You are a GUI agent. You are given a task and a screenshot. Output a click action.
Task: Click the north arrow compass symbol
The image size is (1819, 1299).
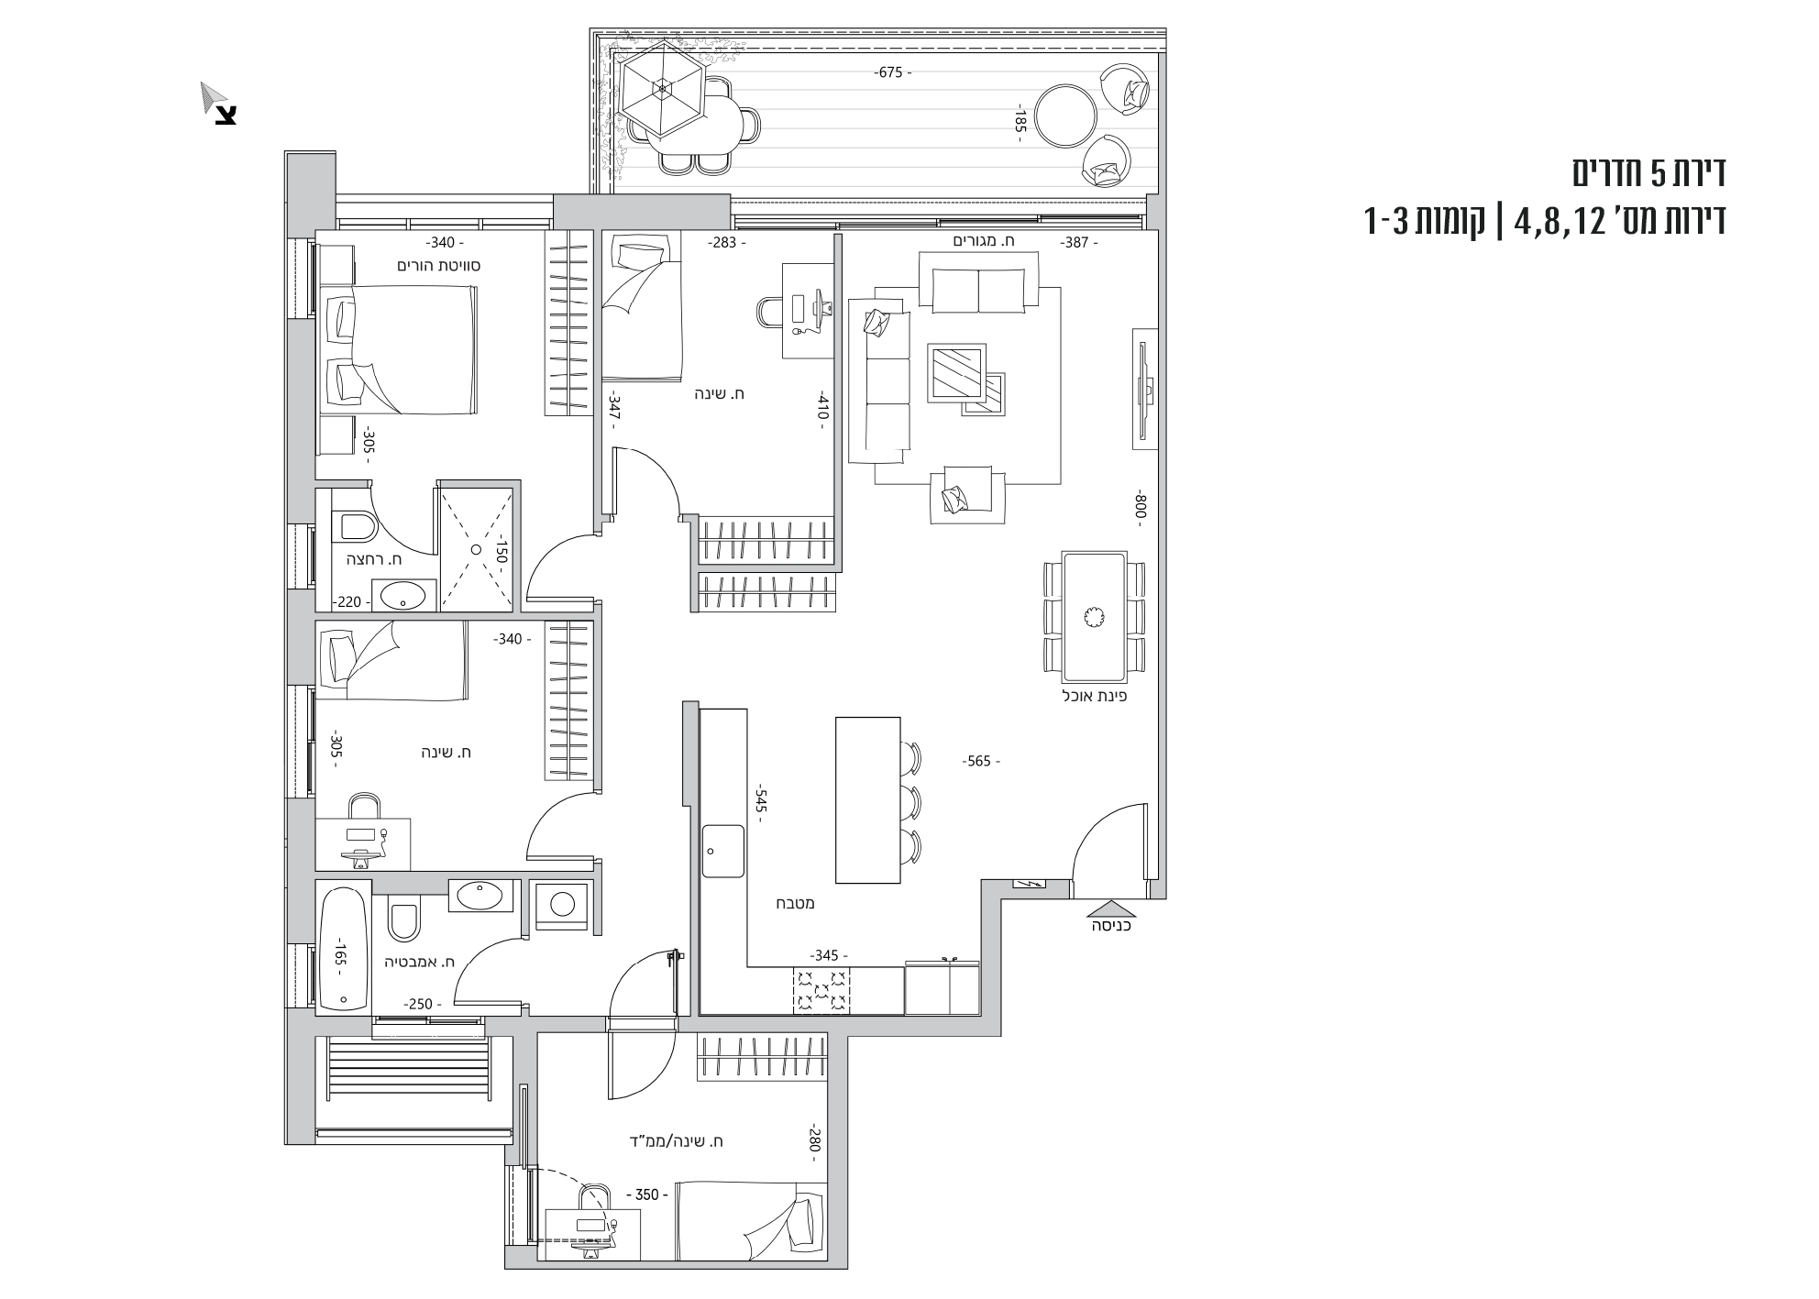click(x=219, y=103)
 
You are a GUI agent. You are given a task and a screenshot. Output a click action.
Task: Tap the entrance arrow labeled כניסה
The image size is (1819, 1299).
click(x=1110, y=910)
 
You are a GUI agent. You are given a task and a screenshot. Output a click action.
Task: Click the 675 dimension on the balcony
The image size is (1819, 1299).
click(x=890, y=72)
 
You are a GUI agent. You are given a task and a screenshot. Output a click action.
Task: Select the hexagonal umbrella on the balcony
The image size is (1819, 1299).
click(x=661, y=89)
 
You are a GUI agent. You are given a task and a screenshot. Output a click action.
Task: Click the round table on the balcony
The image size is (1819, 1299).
click(x=1065, y=116)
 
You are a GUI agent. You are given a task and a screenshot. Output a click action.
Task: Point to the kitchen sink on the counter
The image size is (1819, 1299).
click(x=723, y=851)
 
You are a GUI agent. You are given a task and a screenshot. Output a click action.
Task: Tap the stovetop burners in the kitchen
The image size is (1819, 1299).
click(x=821, y=991)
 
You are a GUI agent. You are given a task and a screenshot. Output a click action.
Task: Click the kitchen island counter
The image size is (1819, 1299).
click(x=868, y=799)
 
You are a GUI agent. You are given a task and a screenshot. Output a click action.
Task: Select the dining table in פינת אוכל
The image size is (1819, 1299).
click(x=1094, y=617)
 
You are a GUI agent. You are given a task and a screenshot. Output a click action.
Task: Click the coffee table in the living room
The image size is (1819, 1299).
click(x=957, y=373)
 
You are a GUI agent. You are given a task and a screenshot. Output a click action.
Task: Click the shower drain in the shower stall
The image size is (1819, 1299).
click(x=476, y=549)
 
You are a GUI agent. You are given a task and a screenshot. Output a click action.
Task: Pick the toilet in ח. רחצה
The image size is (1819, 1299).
click(x=358, y=526)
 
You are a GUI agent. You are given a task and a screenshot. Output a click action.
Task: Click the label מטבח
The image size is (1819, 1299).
click(x=798, y=903)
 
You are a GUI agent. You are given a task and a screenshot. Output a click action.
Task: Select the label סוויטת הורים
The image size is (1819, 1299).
click(x=439, y=266)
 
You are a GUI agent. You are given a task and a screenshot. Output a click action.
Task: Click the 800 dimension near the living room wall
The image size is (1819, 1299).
click(x=1141, y=505)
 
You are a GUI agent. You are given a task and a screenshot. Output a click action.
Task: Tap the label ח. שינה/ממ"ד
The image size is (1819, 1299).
click(x=677, y=1141)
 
